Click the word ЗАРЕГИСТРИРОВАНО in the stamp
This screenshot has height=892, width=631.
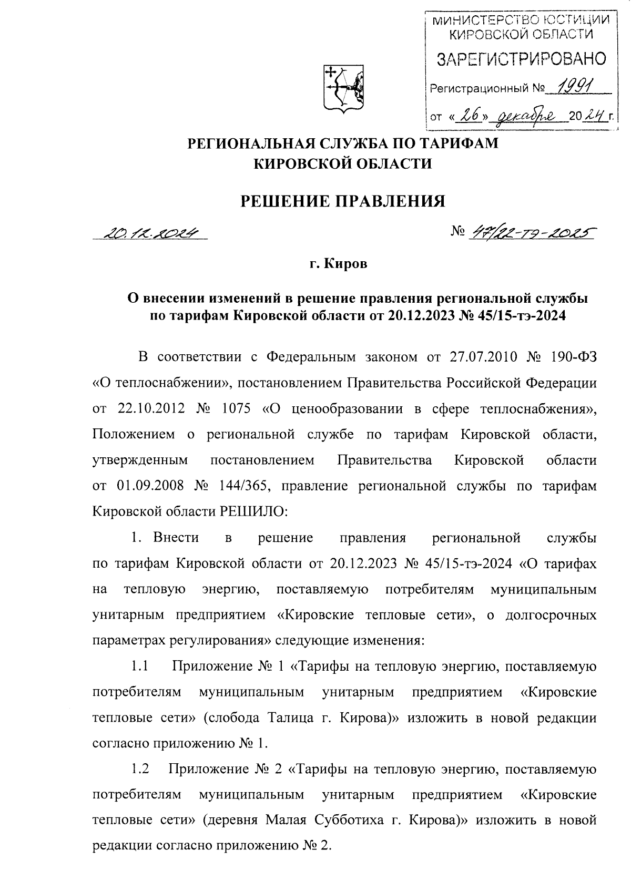coord(521,59)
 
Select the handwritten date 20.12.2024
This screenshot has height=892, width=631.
coord(151,232)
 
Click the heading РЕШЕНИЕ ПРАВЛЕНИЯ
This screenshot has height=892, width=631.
coord(342,200)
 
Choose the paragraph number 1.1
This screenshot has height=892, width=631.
coord(140,667)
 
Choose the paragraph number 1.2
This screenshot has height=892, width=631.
coord(140,770)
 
